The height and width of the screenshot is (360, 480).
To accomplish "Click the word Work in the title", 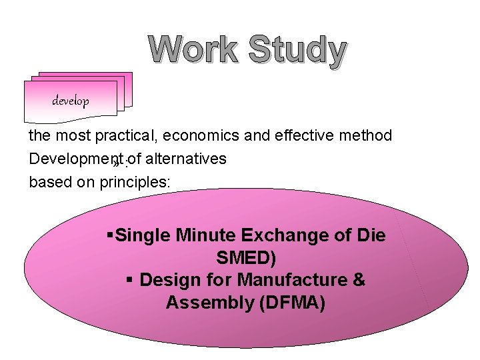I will [x=193, y=51].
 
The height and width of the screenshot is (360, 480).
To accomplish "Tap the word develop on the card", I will [x=71, y=101].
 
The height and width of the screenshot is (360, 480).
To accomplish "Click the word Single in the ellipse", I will [x=142, y=235].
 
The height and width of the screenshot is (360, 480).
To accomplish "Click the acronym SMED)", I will [x=246, y=258].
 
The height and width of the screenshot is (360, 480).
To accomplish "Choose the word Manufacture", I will [x=291, y=280].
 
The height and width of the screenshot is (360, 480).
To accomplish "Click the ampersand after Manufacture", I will [x=359, y=280].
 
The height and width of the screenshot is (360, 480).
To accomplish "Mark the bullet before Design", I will [x=129, y=280].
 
